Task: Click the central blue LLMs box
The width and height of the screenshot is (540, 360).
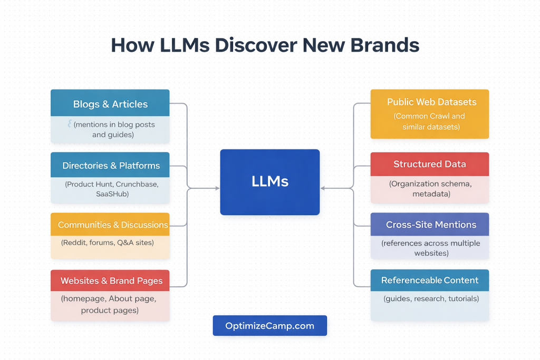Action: tap(269, 182)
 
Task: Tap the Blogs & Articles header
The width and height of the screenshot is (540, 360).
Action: tap(110, 104)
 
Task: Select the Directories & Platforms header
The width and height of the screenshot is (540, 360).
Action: tap(110, 166)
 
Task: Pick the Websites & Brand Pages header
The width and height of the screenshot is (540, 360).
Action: tap(111, 280)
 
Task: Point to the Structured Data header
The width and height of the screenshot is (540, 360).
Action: tap(429, 164)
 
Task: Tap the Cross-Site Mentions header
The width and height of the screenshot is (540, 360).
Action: tap(430, 225)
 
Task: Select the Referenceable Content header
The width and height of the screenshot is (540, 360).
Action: tap(429, 280)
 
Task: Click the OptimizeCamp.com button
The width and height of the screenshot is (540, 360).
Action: tap(269, 326)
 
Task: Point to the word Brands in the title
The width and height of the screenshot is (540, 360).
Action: tap(388, 45)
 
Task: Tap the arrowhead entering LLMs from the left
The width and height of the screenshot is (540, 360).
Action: tap(217, 188)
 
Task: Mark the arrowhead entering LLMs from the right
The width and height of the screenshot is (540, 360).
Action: tap(323, 188)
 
